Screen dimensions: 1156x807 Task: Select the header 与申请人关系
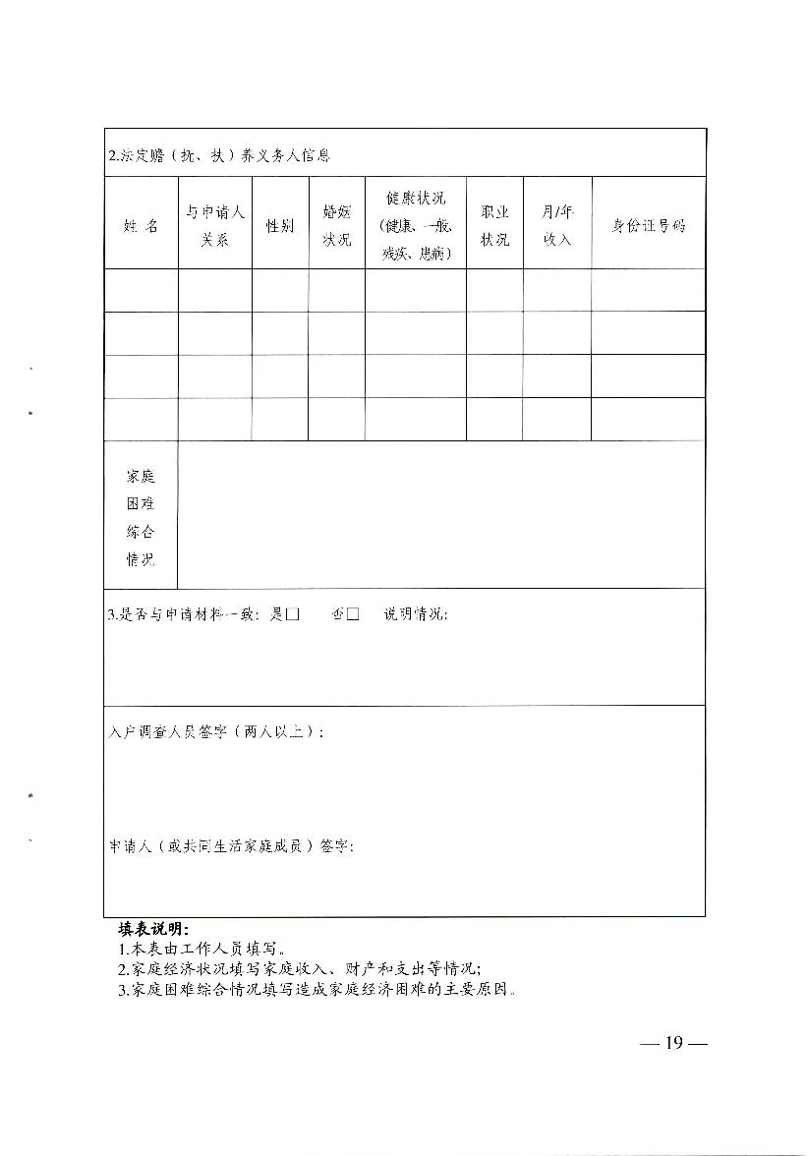[x=214, y=225]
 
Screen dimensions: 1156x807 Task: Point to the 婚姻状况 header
[x=336, y=225]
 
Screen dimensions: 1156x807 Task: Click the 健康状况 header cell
[x=415, y=225]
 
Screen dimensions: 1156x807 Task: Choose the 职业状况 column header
[x=494, y=225]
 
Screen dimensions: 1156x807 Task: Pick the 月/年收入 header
[x=556, y=225]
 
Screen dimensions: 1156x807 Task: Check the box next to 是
[x=292, y=614]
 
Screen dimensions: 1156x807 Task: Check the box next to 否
[x=353, y=614]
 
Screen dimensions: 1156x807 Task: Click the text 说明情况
[x=415, y=614]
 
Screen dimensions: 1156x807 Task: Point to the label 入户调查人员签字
[x=216, y=732]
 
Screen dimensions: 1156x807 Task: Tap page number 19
[x=672, y=1043]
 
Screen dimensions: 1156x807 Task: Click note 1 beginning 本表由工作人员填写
[x=202, y=950]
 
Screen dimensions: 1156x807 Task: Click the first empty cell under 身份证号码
[x=648, y=290]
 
